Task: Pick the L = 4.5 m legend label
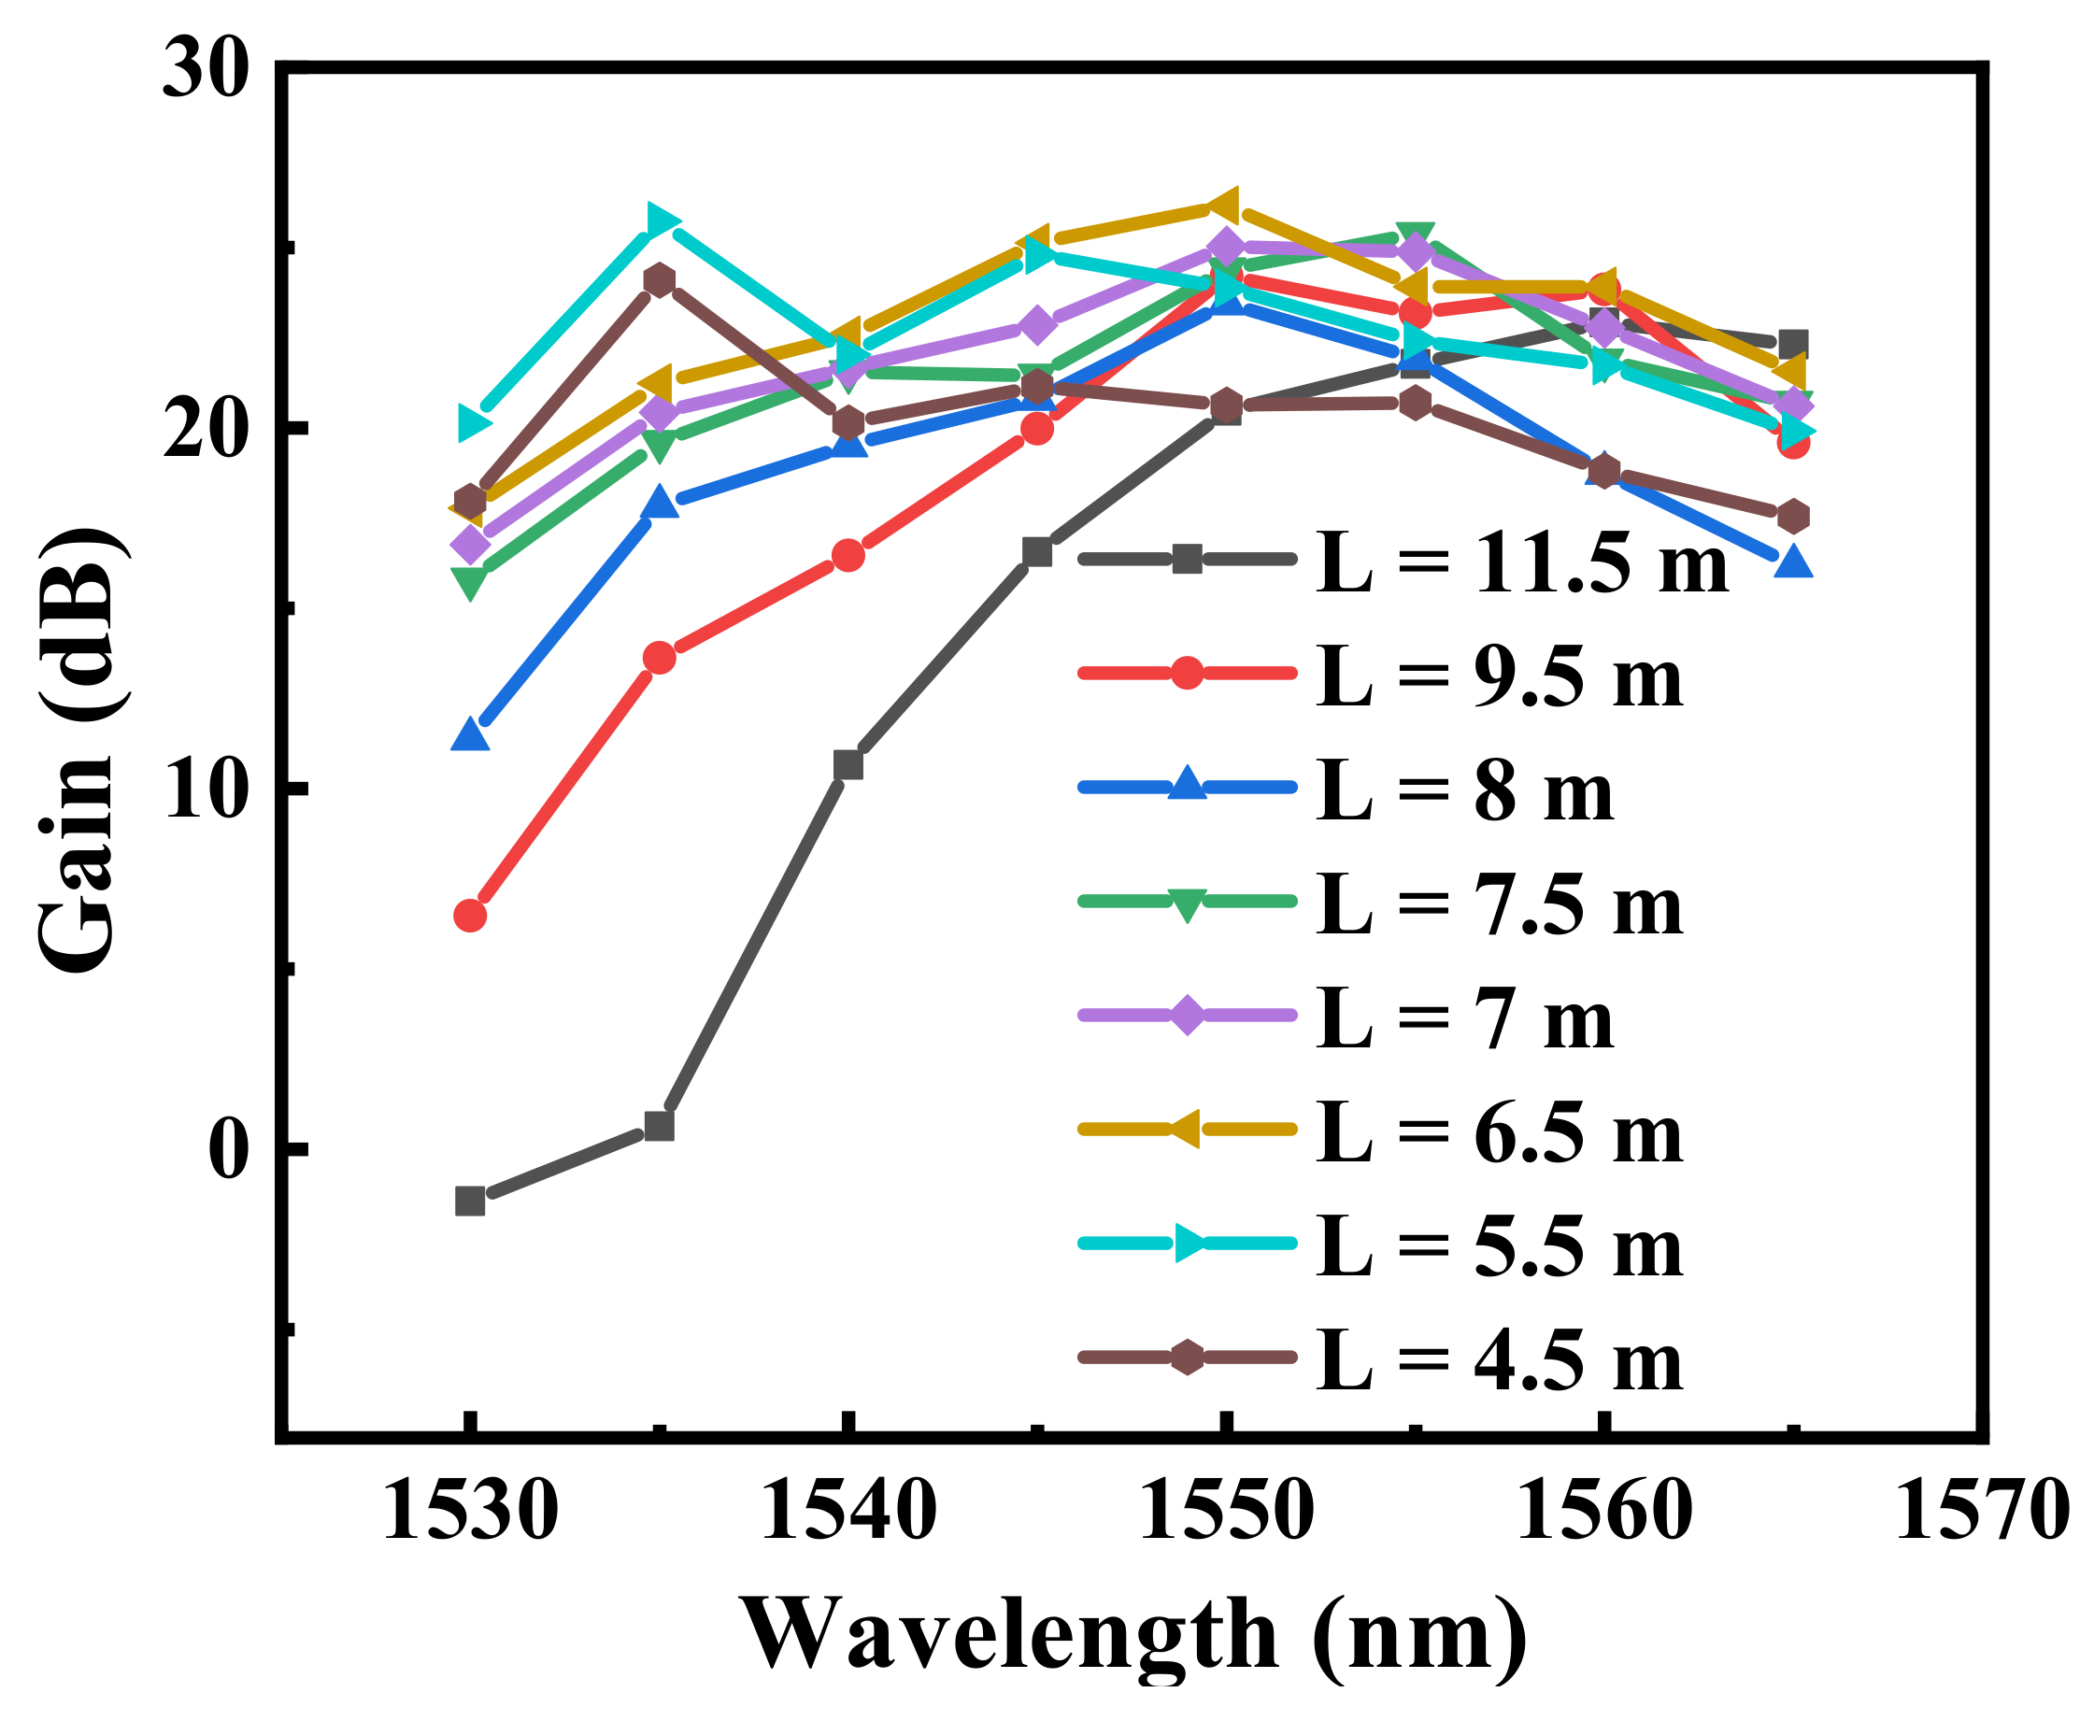[x=1499, y=1362]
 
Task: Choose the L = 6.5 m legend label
[x=1499, y=1134]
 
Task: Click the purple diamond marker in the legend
[x=1187, y=1016]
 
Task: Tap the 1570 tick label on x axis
[x=1982, y=1512]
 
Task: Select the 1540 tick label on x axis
[x=848, y=1512]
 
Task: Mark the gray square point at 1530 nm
[x=470, y=1202]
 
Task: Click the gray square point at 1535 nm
[x=660, y=1126]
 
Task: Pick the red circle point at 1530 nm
[x=470, y=915]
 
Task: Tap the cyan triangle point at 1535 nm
[x=662, y=220]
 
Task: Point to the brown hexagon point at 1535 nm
[x=660, y=280]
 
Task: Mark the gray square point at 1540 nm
[x=848, y=765]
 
